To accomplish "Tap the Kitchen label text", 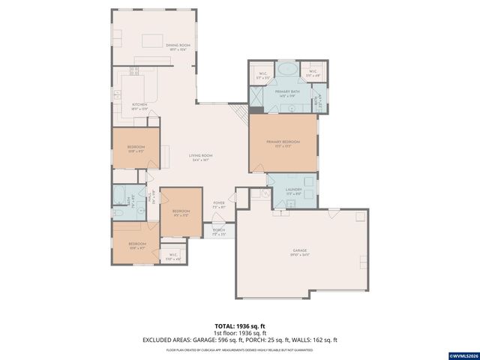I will tap(139, 106).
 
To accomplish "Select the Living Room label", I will tap(200, 157).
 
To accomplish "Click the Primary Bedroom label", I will tap(283, 143).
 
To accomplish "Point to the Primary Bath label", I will tap(287, 92).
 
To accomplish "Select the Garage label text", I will tap(300, 252).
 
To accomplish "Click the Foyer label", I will tap(219, 204).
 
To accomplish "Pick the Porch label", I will tap(219, 233).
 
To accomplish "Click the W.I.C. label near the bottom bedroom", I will tap(173, 256).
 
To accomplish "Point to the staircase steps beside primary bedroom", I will tap(241, 115).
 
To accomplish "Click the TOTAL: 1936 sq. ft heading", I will tap(239, 326).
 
